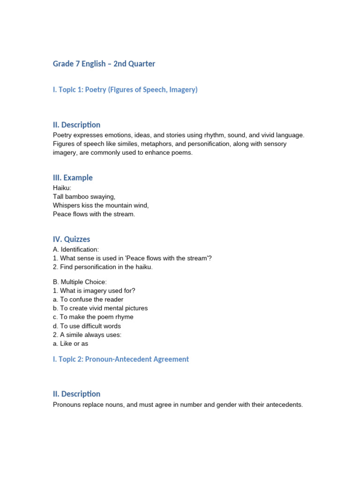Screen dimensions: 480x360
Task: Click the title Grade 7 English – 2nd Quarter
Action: [x=104, y=64]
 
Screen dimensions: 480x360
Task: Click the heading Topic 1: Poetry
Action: [x=125, y=90]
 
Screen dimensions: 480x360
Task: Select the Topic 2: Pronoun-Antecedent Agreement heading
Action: [x=121, y=359]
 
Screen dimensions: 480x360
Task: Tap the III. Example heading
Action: [x=73, y=178]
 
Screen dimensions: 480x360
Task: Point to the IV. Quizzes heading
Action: [x=71, y=239]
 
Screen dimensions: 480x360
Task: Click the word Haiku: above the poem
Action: [x=62, y=188]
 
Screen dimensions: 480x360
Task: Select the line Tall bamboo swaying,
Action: [x=84, y=197]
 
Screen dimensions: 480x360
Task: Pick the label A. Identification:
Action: [x=76, y=249]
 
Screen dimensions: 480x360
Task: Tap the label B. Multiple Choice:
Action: [x=80, y=282]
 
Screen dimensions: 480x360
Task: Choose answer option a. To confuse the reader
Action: [x=88, y=300]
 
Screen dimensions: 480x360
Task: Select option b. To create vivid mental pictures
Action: [x=100, y=308]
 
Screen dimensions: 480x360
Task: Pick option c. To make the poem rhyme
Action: [x=93, y=317]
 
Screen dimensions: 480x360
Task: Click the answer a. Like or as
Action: [x=70, y=344]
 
